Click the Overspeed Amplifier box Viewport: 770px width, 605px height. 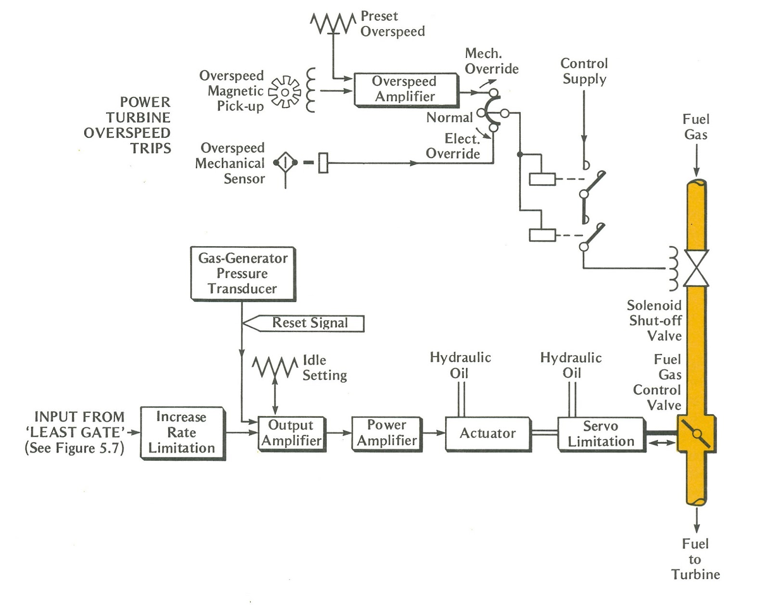[x=405, y=89]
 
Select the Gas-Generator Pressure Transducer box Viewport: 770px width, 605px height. [x=243, y=273]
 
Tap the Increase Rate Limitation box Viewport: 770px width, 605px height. [x=182, y=432]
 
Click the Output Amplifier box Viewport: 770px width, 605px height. [x=291, y=433]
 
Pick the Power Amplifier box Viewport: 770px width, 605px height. [x=386, y=433]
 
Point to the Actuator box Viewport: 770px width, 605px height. [x=488, y=433]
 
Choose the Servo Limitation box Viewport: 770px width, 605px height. [x=601, y=433]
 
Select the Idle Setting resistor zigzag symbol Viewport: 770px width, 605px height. [x=275, y=367]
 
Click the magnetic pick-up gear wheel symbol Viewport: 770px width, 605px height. [x=284, y=91]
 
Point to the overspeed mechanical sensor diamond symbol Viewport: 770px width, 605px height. [x=285, y=163]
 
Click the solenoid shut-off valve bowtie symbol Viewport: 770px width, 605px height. [x=696, y=268]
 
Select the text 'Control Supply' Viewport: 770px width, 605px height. [x=584, y=71]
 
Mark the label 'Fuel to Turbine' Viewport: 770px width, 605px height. [x=695, y=559]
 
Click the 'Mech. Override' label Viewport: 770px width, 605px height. [x=491, y=61]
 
